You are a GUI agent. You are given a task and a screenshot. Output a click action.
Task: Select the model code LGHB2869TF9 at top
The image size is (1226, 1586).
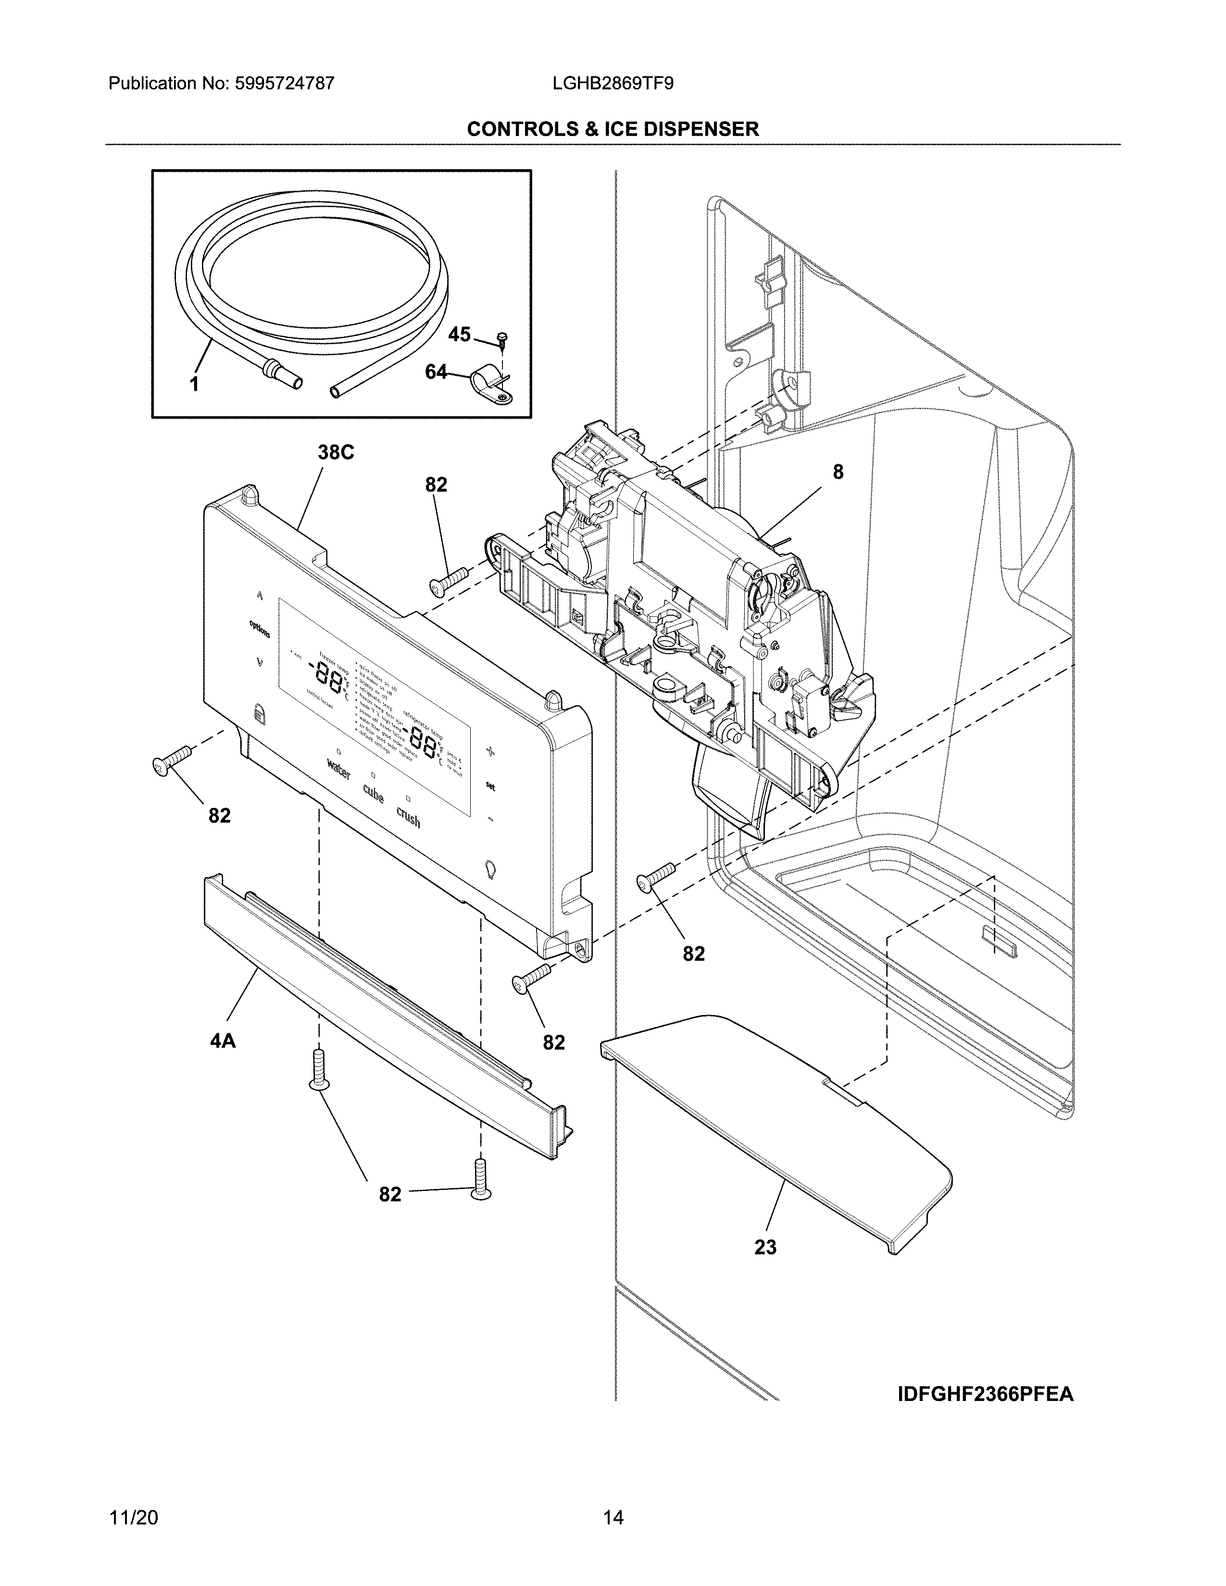612,84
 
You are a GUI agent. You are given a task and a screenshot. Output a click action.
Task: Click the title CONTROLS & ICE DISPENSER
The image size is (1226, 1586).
612,129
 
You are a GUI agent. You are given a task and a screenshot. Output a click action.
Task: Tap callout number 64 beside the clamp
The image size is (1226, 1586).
436,372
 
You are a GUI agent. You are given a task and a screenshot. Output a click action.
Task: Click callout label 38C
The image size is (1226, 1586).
336,452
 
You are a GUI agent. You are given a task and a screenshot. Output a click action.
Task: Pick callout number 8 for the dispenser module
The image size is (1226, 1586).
838,472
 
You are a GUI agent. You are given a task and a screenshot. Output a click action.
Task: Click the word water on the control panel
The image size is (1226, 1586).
338,769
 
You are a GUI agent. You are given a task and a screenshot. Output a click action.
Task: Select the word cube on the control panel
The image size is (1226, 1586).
373,794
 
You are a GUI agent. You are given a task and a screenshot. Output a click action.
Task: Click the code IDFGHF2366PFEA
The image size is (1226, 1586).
986,1394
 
